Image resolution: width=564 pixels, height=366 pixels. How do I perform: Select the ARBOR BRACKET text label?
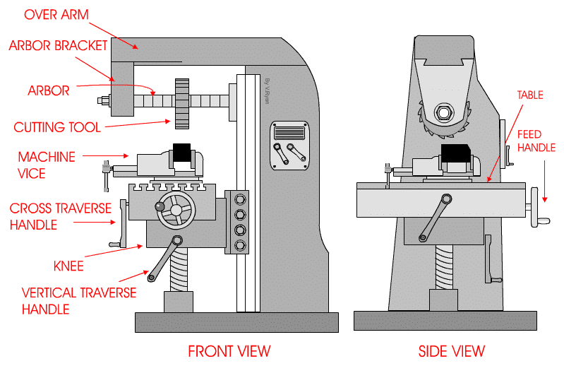(x=58, y=46)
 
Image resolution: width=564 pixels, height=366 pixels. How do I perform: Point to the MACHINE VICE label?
(x=47, y=163)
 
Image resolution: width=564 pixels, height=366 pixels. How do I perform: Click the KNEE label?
(x=68, y=266)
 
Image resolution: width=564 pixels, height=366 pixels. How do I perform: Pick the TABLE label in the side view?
(x=530, y=95)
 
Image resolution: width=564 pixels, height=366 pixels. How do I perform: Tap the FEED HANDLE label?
(x=536, y=141)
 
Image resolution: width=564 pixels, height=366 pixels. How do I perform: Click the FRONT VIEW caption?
(x=229, y=350)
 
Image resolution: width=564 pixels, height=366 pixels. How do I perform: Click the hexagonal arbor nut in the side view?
(x=443, y=112)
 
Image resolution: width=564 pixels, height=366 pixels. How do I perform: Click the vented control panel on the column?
(x=289, y=133)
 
